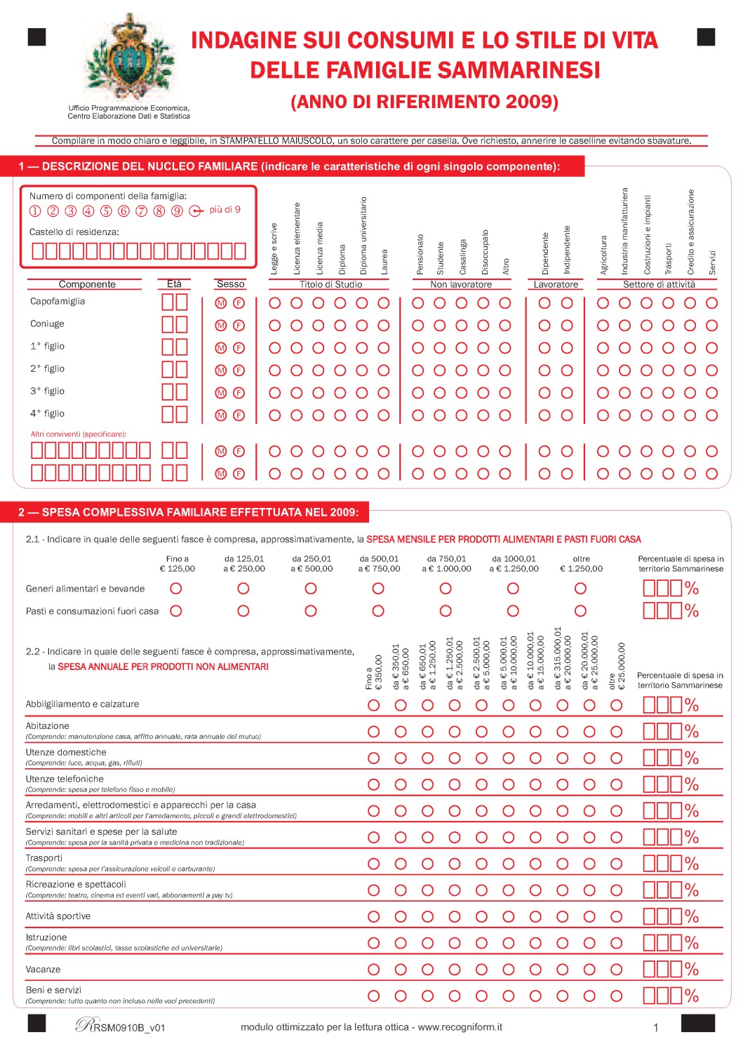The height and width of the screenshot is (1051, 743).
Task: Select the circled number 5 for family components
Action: [x=106, y=211]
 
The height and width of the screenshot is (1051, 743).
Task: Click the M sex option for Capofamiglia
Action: [x=221, y=303]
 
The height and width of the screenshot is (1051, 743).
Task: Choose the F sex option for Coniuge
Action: [x=239, y=326]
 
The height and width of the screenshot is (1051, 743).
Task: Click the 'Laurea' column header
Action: [x=384, y=261]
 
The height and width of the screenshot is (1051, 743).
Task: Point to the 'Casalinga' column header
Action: [x=462, y=257]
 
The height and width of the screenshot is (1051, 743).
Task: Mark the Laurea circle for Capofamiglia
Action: [x=384, y=303]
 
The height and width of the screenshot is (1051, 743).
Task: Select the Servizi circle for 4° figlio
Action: [x=711, y=415]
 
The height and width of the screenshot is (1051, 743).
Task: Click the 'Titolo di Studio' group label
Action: [x=330, y=284]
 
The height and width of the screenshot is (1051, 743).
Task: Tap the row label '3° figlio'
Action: [x=47, y=391]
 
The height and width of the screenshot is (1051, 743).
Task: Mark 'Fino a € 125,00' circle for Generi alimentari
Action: [x=176, y=589]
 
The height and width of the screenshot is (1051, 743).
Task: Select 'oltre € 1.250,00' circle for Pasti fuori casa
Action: [x=580, y=611]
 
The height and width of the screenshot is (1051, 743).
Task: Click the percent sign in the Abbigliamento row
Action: [x=692, y=705]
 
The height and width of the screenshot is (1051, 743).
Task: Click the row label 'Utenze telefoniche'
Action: [x=65, y=779]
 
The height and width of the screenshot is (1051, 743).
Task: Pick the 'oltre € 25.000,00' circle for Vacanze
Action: [x=616, y=970]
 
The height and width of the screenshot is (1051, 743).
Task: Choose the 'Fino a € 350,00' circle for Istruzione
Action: [x=374, y=943]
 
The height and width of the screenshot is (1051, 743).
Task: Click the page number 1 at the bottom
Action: [x=656, y=1028]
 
